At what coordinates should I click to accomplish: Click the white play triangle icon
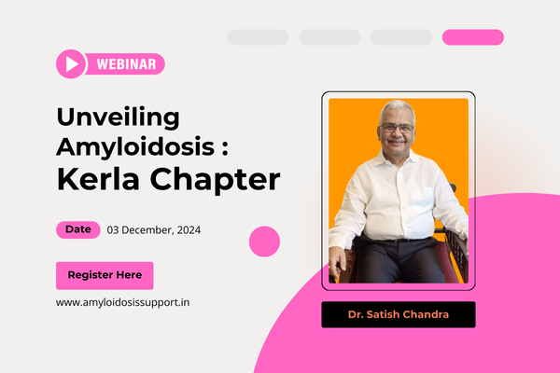72,64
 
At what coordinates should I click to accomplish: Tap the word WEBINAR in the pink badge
126,64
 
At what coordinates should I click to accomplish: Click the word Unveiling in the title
119,117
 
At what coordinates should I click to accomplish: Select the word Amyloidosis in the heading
135,147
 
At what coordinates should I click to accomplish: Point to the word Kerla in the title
98,179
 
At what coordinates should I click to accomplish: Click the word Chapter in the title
215,181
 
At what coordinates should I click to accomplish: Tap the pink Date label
78,229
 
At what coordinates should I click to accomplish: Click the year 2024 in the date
189,230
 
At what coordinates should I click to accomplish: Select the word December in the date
147,230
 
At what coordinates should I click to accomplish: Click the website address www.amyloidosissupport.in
123,303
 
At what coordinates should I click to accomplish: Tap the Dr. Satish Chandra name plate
399,314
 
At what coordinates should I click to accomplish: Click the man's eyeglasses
397,128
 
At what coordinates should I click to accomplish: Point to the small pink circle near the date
264,242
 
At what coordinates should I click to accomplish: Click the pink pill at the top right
473,37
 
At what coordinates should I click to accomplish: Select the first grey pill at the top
259,37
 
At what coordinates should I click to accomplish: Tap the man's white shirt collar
398,158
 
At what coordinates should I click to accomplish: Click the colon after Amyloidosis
225,147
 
